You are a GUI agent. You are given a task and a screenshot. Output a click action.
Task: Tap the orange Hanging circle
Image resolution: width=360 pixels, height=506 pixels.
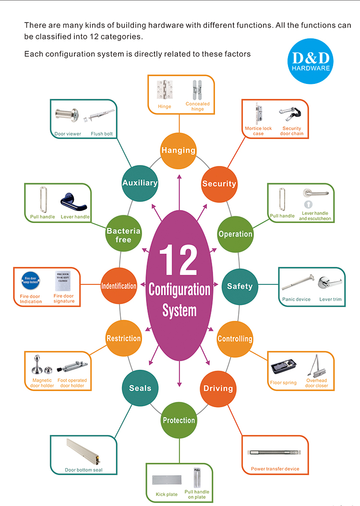click(x=179, y=150)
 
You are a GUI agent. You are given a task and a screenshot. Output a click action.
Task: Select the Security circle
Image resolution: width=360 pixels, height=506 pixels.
click(x=219, y=184)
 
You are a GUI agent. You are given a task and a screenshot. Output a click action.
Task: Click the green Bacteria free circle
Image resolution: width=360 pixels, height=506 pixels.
click(x=123, y=235)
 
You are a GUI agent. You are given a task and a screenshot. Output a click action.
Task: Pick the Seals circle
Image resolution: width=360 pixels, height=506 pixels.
click(x=140, y=388)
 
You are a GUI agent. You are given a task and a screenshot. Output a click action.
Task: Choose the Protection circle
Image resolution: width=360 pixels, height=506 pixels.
click(x=179, y=420)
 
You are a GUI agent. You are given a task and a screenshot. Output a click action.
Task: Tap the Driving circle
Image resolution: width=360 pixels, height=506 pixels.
click(x=218, y=388)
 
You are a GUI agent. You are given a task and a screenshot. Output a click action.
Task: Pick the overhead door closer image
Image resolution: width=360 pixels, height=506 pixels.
click(x=317, y=367)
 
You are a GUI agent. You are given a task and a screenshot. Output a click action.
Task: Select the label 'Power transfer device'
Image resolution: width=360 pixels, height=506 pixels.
click(x=275, y=469)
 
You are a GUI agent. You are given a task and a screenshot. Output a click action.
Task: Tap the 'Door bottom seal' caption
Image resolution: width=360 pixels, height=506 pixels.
click(x=84, y=470)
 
